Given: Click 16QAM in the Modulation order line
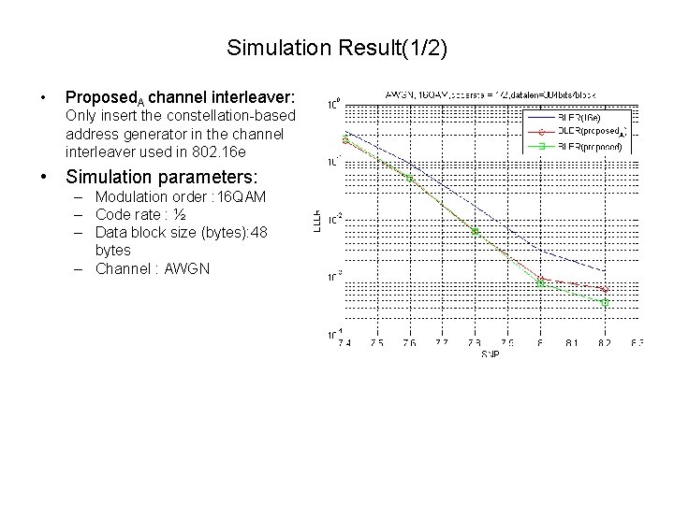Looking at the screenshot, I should coord(242,197).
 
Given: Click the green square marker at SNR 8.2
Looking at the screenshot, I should coord(605,303).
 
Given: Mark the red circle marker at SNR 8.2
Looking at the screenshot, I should coord(605,290).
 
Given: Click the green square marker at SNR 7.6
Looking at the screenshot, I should coord(410,177).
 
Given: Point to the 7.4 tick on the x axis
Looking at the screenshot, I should coord(346,343).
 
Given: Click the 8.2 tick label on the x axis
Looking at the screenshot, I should coord(605,343).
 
